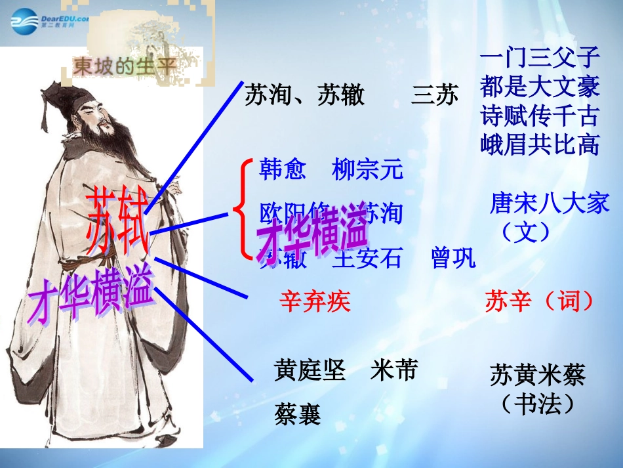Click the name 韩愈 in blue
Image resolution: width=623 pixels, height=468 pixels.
(x=283, y=170)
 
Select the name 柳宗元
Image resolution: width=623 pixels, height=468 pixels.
(x=368, y=170)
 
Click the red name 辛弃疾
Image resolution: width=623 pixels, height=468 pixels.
(x=315, y=302)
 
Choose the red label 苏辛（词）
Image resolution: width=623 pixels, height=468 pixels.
(x=540, y=301)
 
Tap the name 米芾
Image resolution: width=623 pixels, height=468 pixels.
(x=393, y=372)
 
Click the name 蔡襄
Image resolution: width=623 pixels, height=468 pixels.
(x=298, y=415)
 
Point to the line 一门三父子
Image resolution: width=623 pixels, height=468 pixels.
(x=540, y=58)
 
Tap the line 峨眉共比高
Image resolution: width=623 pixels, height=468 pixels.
(x=540, y=145)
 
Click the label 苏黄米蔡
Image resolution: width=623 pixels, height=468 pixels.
(x=537, y=376)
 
